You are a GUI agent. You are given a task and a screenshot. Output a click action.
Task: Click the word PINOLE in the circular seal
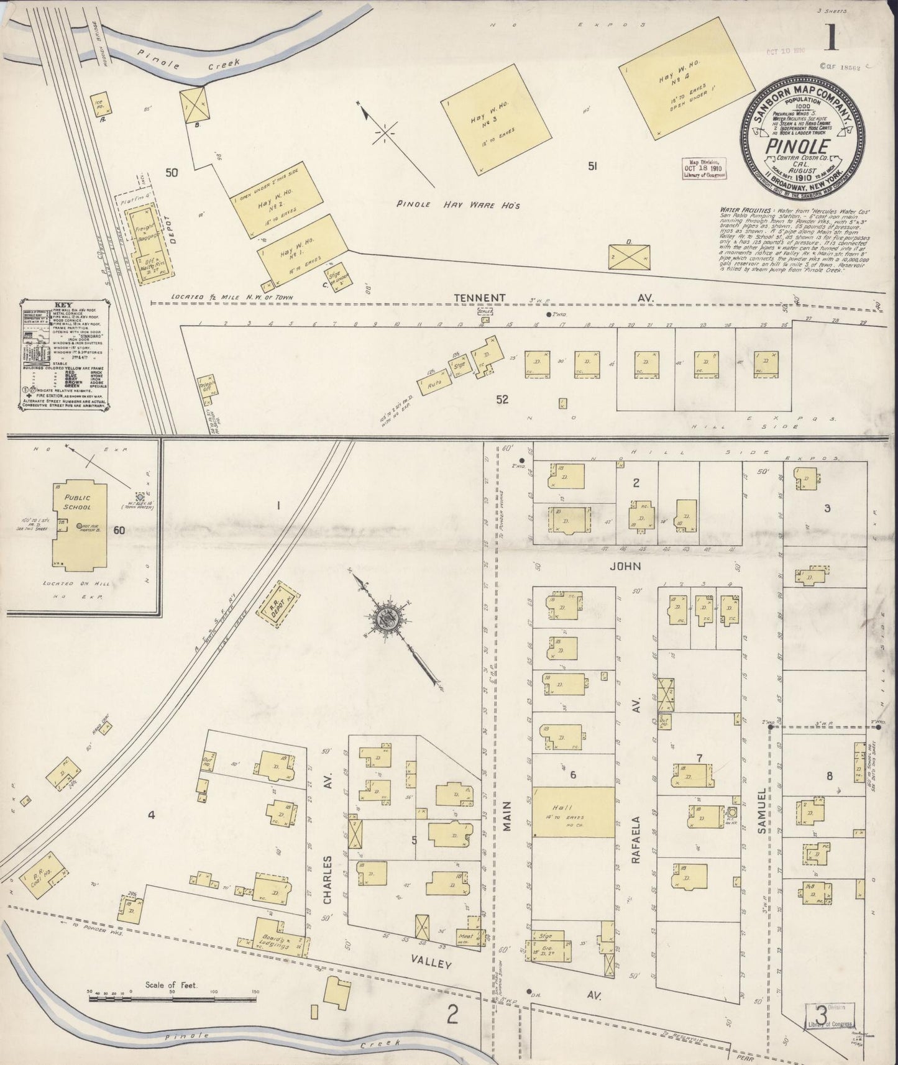[801, 148]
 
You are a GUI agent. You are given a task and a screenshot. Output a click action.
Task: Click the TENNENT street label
[479, 299]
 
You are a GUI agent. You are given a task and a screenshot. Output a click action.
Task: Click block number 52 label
[502, 400]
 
